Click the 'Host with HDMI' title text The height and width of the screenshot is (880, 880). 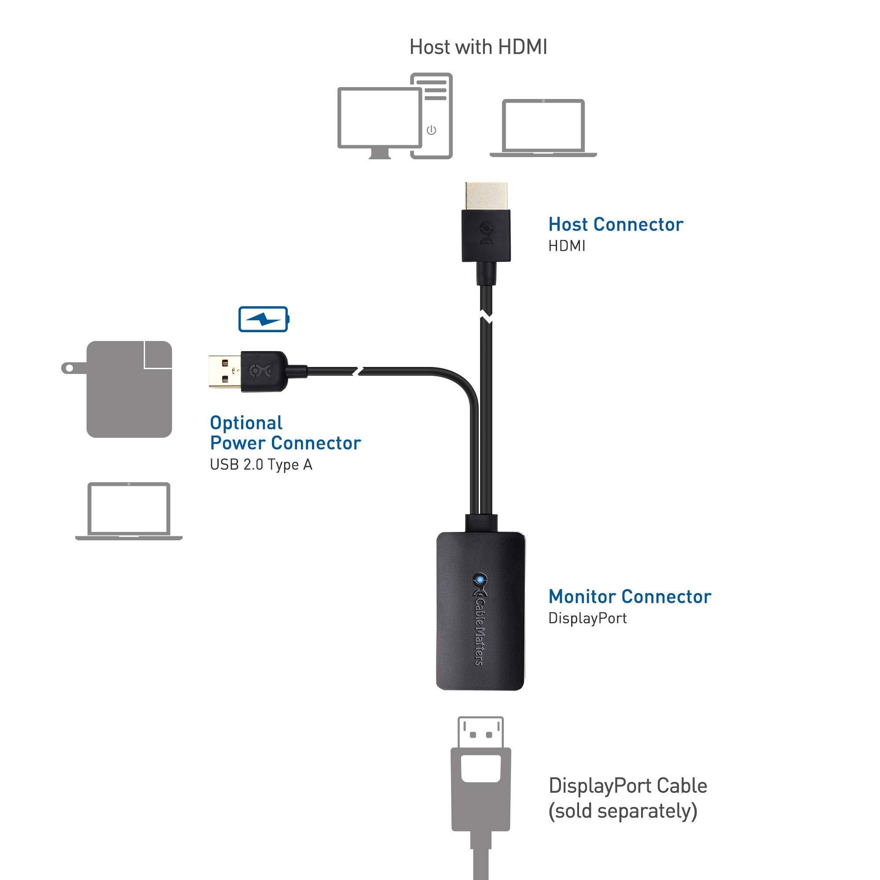pos(478,48)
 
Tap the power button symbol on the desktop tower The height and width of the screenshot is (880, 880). pos(431,131)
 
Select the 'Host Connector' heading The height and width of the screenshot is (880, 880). pos(616,224)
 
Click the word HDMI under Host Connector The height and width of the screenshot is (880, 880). pos(567,246)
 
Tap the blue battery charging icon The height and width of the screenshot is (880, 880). pos(263,319)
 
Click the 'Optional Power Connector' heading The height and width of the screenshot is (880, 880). pos(285,433)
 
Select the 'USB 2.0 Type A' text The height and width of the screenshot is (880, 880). pos(261,465)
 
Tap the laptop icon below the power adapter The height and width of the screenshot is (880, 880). pos(129,511)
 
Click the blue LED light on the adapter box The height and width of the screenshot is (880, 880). pos(479,580)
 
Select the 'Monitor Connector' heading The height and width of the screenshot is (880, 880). pos(630,597)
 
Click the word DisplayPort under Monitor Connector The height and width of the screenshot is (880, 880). pos(587,618)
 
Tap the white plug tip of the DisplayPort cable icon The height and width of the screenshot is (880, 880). pos(480,732)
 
